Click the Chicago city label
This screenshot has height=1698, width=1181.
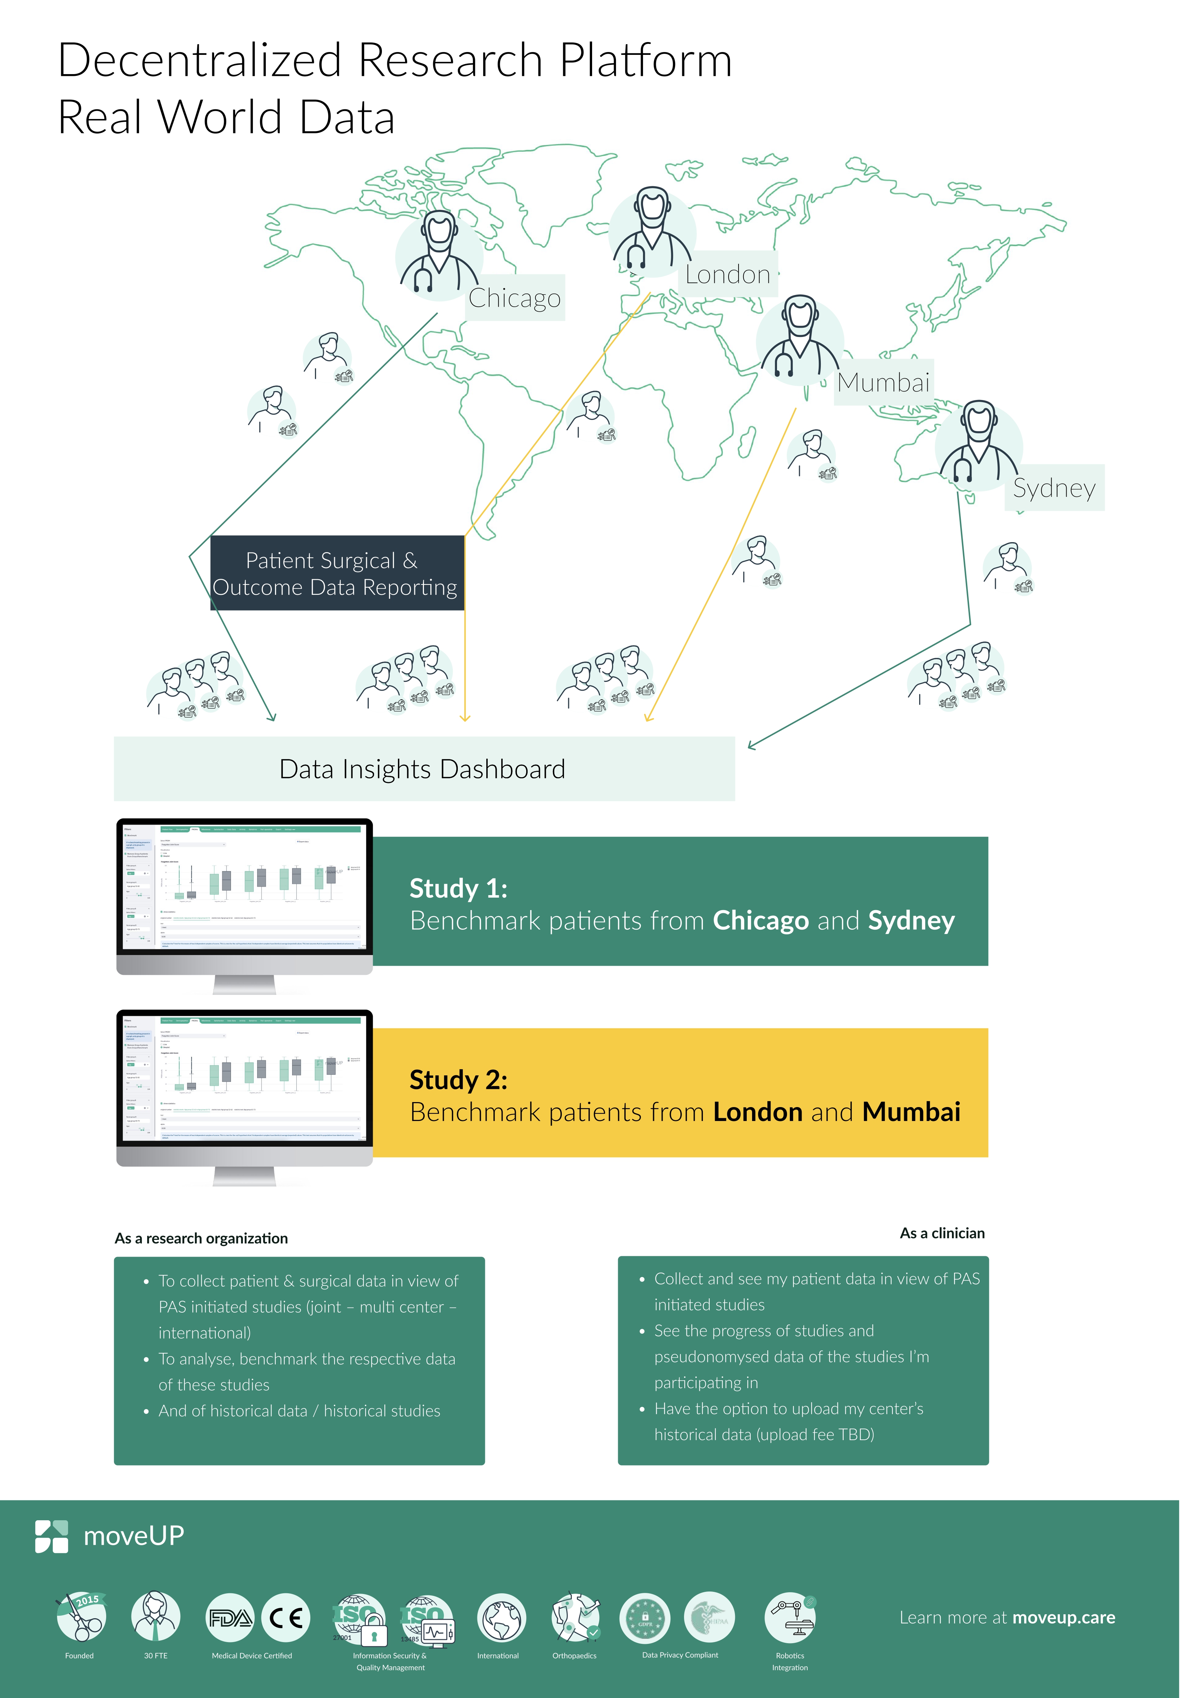click(x=515, y=298)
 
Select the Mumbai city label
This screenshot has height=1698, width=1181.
click(x=883, y=382)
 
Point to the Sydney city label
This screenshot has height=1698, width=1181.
click(x=1054, y=488)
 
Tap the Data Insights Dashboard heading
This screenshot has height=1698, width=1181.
click(x=422, y=769)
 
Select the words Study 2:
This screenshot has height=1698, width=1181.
click(x=459, y=1080)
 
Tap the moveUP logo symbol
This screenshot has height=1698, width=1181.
click(x=52, y=1537)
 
